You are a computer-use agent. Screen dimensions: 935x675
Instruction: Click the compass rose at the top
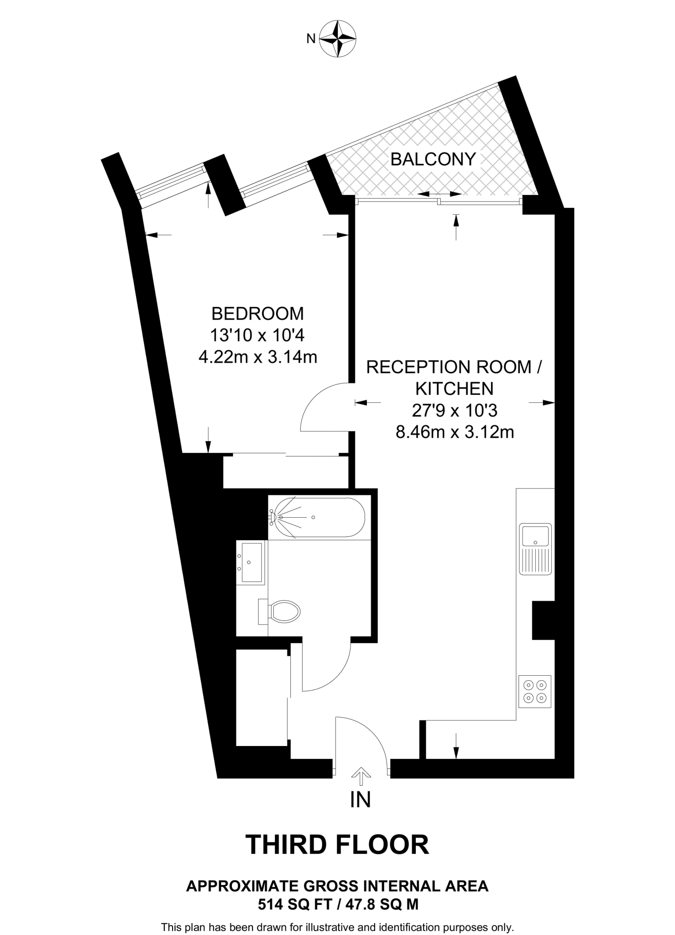pos(337,38)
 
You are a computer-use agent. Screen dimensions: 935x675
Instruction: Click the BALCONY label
pos(433,159)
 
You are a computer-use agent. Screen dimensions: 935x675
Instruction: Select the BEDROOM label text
pos(257,314)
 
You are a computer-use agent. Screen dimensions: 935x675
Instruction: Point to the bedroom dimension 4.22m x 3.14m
pos(257,357)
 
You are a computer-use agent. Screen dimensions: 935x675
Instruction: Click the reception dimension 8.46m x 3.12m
pos(455,431)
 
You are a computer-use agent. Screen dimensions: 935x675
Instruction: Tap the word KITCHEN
pos(455,389)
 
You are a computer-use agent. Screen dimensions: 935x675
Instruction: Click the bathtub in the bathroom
pos(317,517)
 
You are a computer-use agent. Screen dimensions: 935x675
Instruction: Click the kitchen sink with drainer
pos(535,549)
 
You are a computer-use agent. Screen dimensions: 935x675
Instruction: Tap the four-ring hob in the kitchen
pos(535,691)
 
